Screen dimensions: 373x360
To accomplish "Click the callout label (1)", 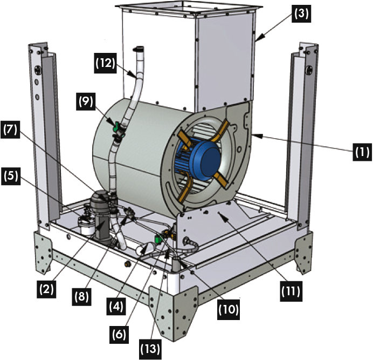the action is pos(362,152).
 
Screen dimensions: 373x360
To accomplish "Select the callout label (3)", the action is pos(301,13).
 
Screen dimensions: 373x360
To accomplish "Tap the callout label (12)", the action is pos(106,63).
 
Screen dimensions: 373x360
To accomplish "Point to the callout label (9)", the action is pos(86,101).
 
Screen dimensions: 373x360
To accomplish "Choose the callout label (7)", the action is pos(10,130).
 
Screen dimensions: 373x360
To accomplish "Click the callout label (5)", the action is pos(11,176).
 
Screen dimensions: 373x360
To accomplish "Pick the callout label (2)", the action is pos(46,289).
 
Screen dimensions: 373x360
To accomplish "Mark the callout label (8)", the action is pos(81,297).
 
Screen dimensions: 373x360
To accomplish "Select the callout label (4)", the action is pos(116,306).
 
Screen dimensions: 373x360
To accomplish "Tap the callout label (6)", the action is pos(119,335).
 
